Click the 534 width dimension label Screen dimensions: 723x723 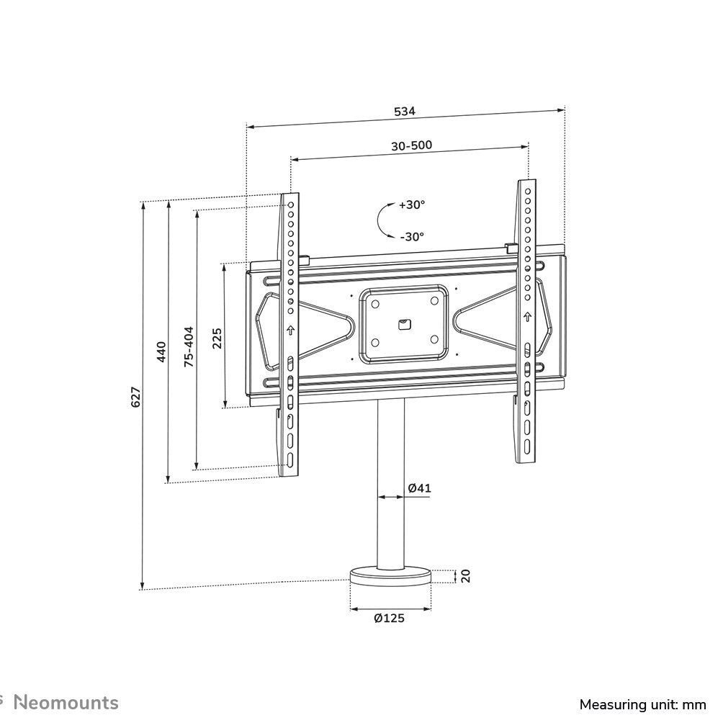(x=405, y=112)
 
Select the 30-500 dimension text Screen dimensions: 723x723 (x=411, y=145)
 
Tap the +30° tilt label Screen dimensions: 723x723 (x=412, y=205)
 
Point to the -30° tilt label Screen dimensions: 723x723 (x=412, y=236)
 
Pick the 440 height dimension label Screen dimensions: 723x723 (x=162, y=352)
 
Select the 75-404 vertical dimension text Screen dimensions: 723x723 (x=189, y=348)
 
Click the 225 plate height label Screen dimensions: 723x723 (x=217, y=338)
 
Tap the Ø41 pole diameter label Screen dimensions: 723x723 (x=419, y=488)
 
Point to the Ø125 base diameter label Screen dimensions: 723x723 (x=390, y=618)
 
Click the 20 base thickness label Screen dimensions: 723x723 (x=465, y=576)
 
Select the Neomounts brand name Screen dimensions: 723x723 (x=67, y=702)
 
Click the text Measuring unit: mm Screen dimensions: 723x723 (x=642, y=704)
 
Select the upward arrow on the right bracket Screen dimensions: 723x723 (x=527, y=316)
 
